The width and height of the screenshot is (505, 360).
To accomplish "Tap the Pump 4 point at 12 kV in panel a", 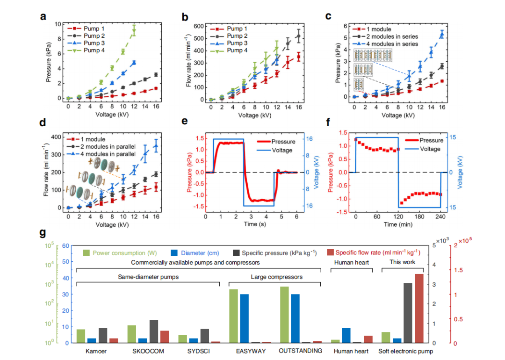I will pyautogui.click(x=134, y=31).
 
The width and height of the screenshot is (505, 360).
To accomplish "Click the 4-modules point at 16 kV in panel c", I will pyautogui.click(x=441, y=34).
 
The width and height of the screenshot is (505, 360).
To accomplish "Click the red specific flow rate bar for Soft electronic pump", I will pyautogui.click(x=419, y=308).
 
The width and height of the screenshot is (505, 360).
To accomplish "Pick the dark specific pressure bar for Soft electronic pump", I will pyautogui.click(x=408, y=313).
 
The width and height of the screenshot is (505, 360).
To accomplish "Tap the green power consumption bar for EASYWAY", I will pyautogui.click(x=233, y=316).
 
